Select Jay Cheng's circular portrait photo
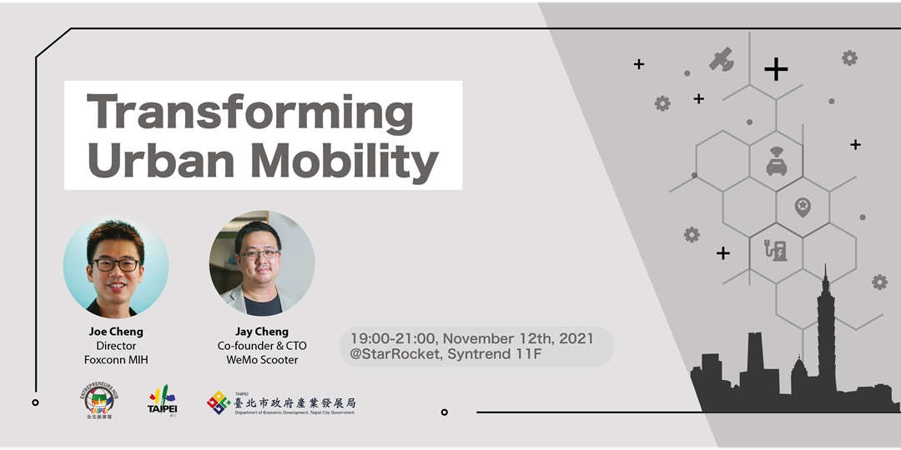(262, 262)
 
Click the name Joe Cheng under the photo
(116, 332)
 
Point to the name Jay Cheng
(262, 332)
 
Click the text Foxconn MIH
(116, 360)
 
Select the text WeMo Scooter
(262, 360)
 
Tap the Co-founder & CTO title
(262, 346)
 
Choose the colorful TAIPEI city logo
(162, 401)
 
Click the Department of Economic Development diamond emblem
(219, 402)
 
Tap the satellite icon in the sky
(721, 59)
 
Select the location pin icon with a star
(803, 206)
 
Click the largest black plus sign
(776, 69)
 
